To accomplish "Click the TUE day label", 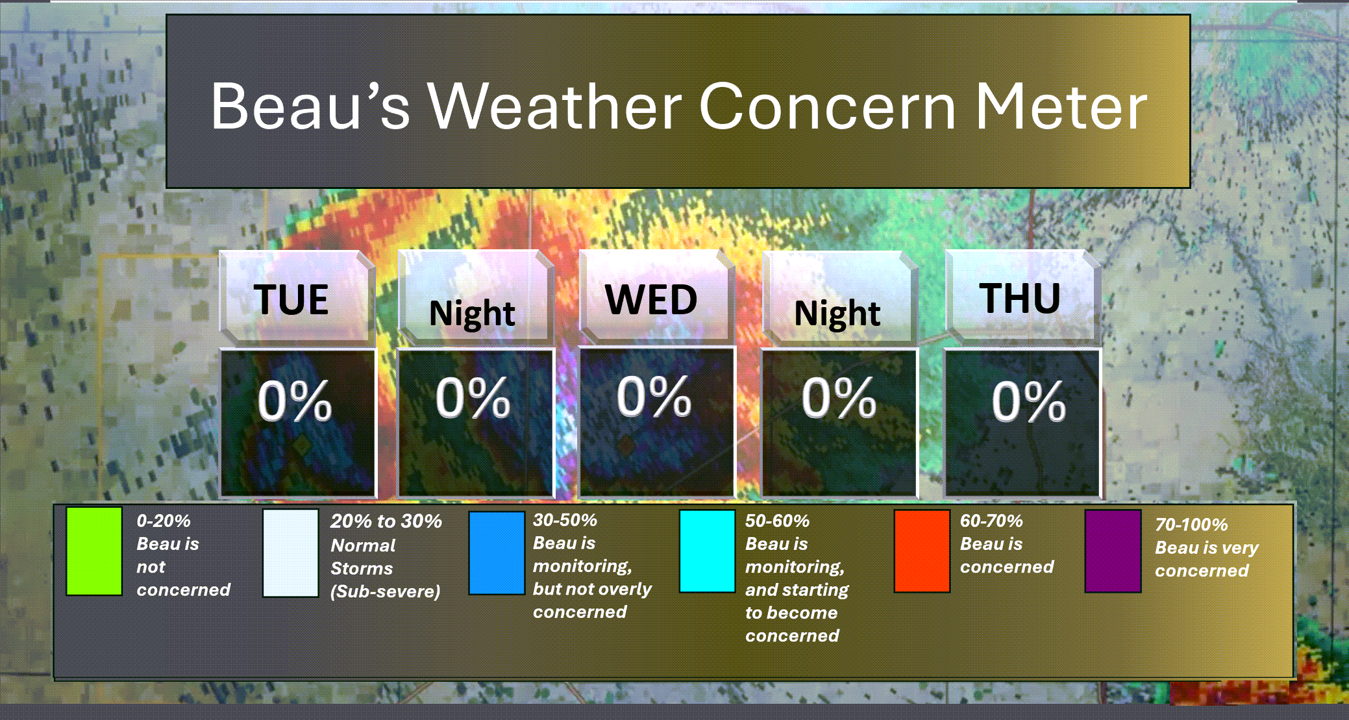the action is pyautogui.click(x=291, y=299).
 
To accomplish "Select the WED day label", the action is pyautogui.click(x=651, y=299).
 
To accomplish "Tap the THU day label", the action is pyautogui.click(x=1020, y=298).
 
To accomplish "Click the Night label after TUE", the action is pyautogui.click(x=472, y=314).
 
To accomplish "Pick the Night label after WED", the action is pyautogui.click(x=837, y=314).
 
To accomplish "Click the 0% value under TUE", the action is pyautogui.click(x=295, y=401).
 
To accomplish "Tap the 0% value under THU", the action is pyautogui.click(x=1028, y=401).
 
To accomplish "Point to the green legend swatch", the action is pyautogui.click(x=94, y=551).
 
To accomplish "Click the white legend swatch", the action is pyautogui.click(x=290, y=552).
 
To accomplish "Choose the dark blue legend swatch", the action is pyautogui.click(x=497, y=552).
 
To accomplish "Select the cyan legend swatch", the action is pyautogui.click(x=707, y=551).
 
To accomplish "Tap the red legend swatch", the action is pyautogui.click(x=922, y=551).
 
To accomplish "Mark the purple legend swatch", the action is pyautogui.click(x=1113, y=551).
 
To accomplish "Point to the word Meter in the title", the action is pyautogui.click(x=1062, y=106).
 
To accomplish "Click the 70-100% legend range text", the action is pyautogui.click(x=1191, y=525).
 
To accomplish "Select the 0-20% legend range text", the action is pyautogui.click(x=164, y=521).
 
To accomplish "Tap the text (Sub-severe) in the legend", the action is pyautogui.click(x=385, y=591).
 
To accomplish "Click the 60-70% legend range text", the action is pyautogui.click(x=991, y=521).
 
